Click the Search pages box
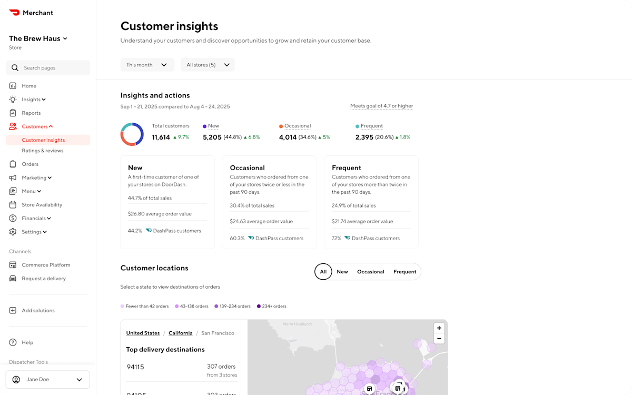pyautogui.click(x=48, y=68)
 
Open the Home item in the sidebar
pyautogui.click(x=29, y=86)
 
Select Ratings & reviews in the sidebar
pyautogui.click(x=43, y=151)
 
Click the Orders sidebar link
pyautogui.click(x=30, y=164)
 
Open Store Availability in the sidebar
pyautogui.click(x=42, y=205)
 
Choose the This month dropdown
pyautogui.click(x=147, y=65)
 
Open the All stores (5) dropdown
pyautogui.click(x=208, y=65)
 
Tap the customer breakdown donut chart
pyautogui.click(x=132, y=134)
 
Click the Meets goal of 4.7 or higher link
pyautogui.click(x=381, y=106)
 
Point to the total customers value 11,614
pyautogui.click(x=161, y=137)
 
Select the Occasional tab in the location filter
pyautogui.click(x=371, y=272)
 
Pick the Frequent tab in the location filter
pyautogui.click(x=404, y=272)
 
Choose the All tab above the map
pyautogui.click(x=323, y=272)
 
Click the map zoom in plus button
pyautogui.click(x=439, y=328)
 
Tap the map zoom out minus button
pyautogui.click(x=439, y=339)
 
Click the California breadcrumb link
pyautogui.click(x=181, y=333)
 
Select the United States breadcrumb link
pyautogui.click(x=143, y=333)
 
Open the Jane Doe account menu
pyautogui.click(x=48, y=379)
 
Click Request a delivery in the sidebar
pyautogui.click(x=44, y=279)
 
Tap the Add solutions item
pyautogui.click(x=38, y=311)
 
